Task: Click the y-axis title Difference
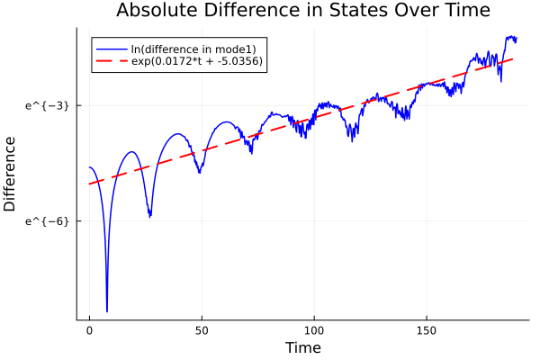pos(11,174)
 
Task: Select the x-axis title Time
pos(302,347)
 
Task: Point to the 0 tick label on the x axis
pos(90,331)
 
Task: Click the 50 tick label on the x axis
pos(202,331)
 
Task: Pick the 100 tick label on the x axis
pos(314,331)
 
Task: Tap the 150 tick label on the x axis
pos(427,331)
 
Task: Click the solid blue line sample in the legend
pos(112,48)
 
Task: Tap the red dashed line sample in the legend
pos(112,61)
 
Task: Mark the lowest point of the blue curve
pos(107,311)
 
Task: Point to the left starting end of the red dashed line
pos(90,184)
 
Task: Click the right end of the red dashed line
pos(513,58)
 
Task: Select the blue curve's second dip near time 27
pos(150,216)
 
